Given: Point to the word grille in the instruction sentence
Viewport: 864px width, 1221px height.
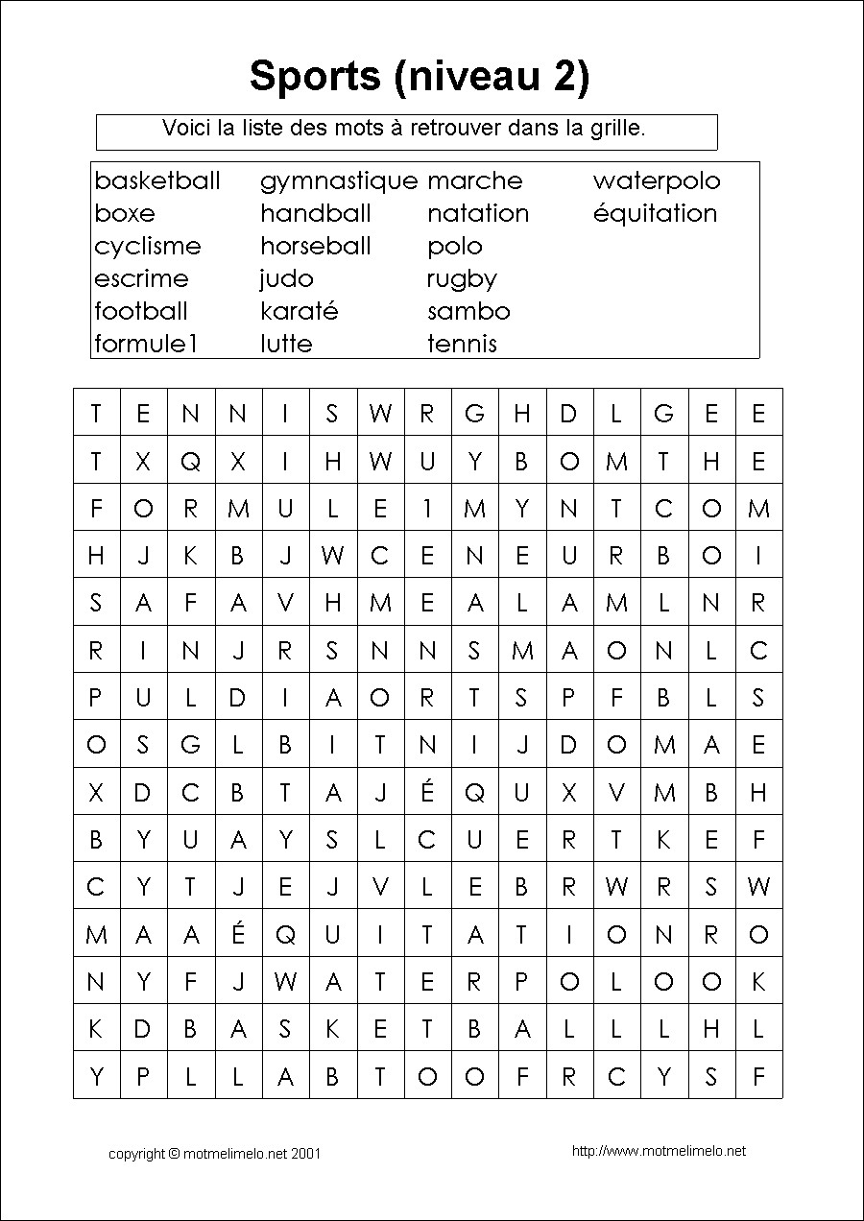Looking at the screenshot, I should click(x=612, y=129).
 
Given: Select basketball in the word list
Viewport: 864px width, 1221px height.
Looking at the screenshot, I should click(x=157, y=181).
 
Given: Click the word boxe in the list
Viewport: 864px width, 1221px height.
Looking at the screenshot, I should click(x=125, y=214).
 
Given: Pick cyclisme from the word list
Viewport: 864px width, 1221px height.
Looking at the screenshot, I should click(x=148, y=247).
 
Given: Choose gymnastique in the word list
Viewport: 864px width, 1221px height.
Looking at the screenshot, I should click(x=339, y=181).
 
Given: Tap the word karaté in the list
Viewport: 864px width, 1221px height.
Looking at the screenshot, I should click(x=299, y=312).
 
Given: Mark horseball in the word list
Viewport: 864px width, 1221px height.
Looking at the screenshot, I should click(x=315, y=247).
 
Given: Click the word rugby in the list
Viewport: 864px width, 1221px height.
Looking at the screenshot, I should click(x=462, y=279).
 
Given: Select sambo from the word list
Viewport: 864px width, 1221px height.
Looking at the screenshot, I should click(x=468, y=312).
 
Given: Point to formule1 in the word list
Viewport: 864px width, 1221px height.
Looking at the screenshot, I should click(x=145, y=345).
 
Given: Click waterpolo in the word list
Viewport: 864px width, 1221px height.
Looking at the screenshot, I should click(x=656, y=181).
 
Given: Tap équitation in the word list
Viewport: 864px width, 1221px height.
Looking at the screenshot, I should click(x=655, y=214).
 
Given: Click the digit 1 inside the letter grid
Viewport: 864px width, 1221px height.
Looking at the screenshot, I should click(x=428, y=509).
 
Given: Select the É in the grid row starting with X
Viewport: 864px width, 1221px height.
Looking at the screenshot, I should click(x=428, y=792).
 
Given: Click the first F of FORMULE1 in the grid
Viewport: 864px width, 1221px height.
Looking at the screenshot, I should click(x=96, y=509).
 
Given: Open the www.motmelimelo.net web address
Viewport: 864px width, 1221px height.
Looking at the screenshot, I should click(x=658, y=1151).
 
